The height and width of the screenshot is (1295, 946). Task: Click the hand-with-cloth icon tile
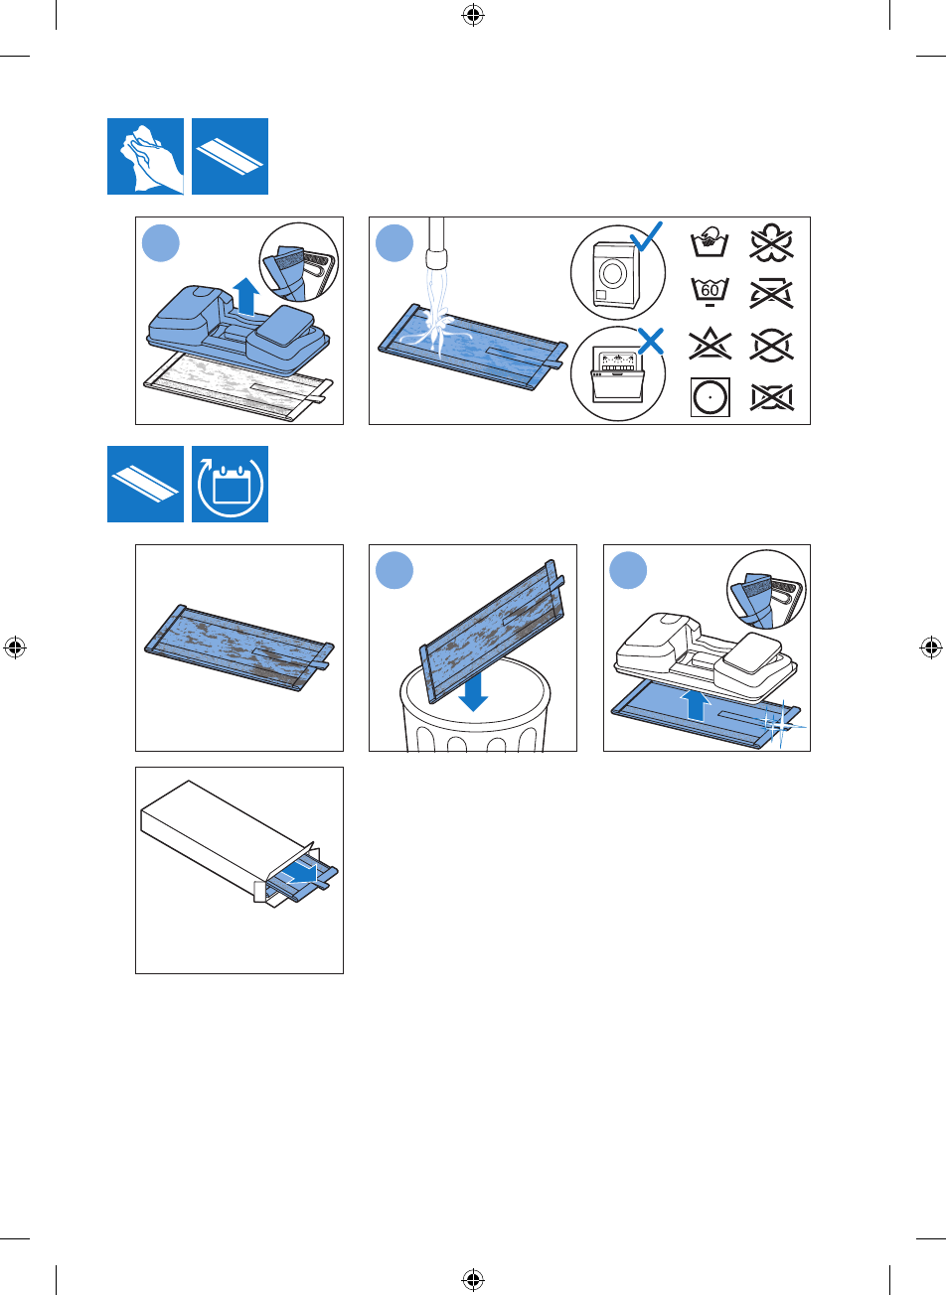[x=145, y=156]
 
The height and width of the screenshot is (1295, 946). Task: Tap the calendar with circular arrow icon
[x=230, y=484]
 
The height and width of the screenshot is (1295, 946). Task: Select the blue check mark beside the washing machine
[x=647, y=236]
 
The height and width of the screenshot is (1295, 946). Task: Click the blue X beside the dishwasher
[x=651, y=341]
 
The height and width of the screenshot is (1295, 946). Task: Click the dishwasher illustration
[x=617, y=375]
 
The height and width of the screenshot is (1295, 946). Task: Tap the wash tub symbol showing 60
[x=709, y=292]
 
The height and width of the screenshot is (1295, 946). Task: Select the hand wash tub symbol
[x=709, y=241]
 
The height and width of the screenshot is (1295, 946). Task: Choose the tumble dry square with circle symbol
[x=709, y=397]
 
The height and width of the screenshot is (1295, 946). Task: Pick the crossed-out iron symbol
[x=771, y=293]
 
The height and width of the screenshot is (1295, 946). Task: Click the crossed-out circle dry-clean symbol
[x=771, y=346]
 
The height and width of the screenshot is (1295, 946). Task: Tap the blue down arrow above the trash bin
[x=473, y=691]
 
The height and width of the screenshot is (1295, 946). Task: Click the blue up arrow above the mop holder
[x=246, y=296]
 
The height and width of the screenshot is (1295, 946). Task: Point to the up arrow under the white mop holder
[x=695, y=705]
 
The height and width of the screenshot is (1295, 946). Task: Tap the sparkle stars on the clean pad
[x=780, y=723]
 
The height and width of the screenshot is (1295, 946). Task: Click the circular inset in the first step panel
[x=299, y=262]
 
